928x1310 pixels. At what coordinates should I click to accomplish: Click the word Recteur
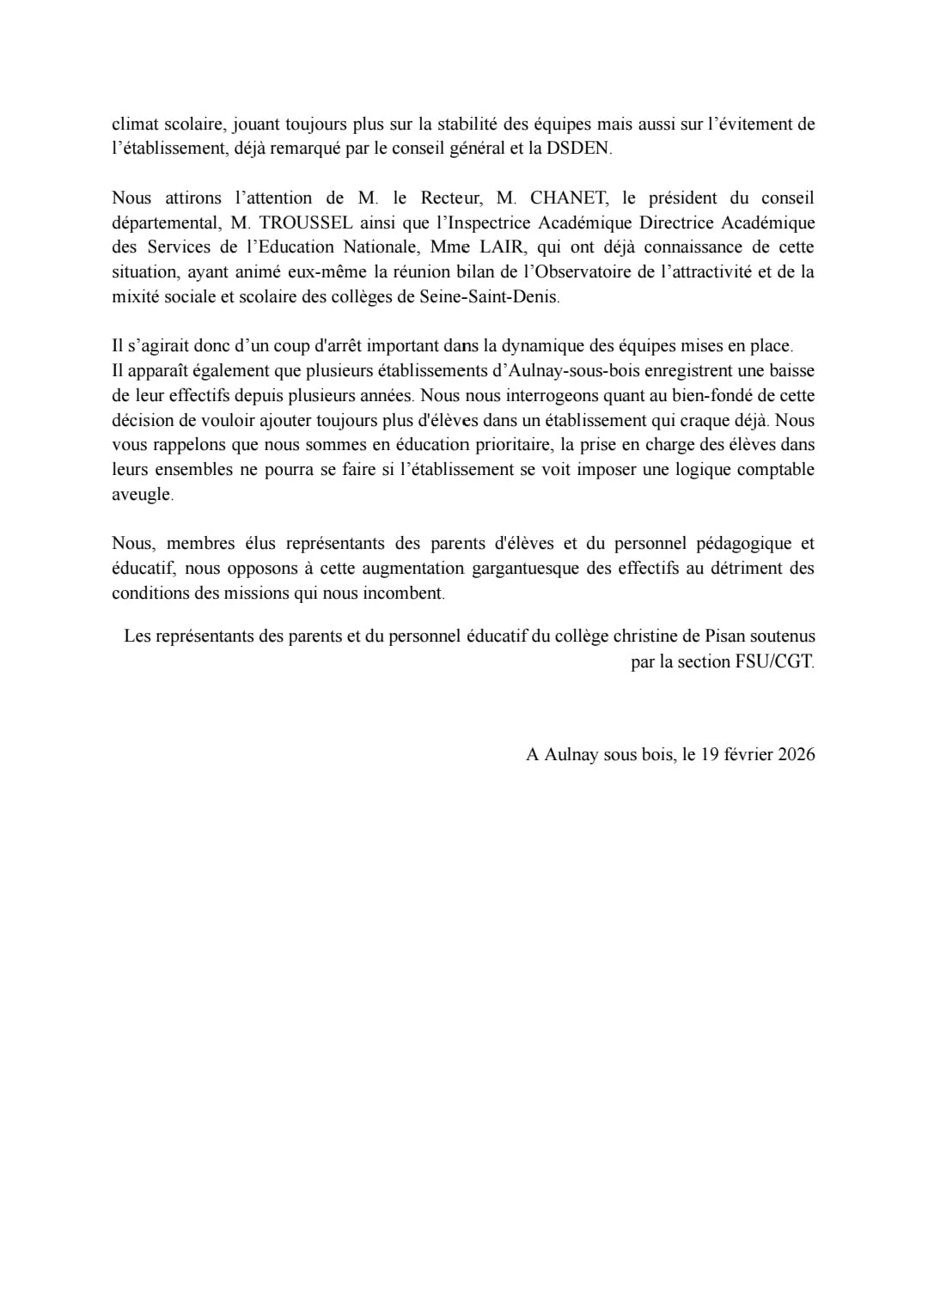(451, 198)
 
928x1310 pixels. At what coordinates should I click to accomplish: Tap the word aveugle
(142, 495)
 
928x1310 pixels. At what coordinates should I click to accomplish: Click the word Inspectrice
(485, 222)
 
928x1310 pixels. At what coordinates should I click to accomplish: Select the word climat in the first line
(136, 124)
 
